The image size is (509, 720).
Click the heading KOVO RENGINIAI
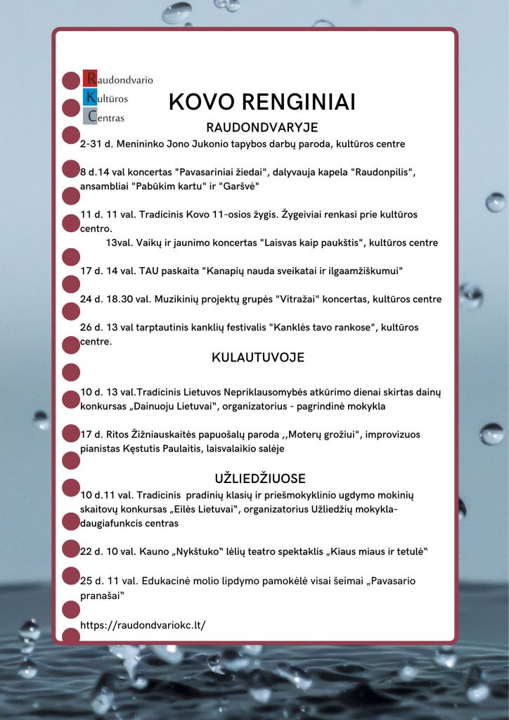pos(262,102)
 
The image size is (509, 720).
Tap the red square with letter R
pos(90,79)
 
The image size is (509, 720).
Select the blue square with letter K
pos(90,98)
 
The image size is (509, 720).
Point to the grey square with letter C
pos(90,117)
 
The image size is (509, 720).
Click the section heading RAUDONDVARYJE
pos(262,127)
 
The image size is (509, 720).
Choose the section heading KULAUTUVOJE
pos(258,358)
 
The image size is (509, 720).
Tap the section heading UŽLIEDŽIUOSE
pos(260,479)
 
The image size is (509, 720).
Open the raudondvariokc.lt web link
pos(143,625)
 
